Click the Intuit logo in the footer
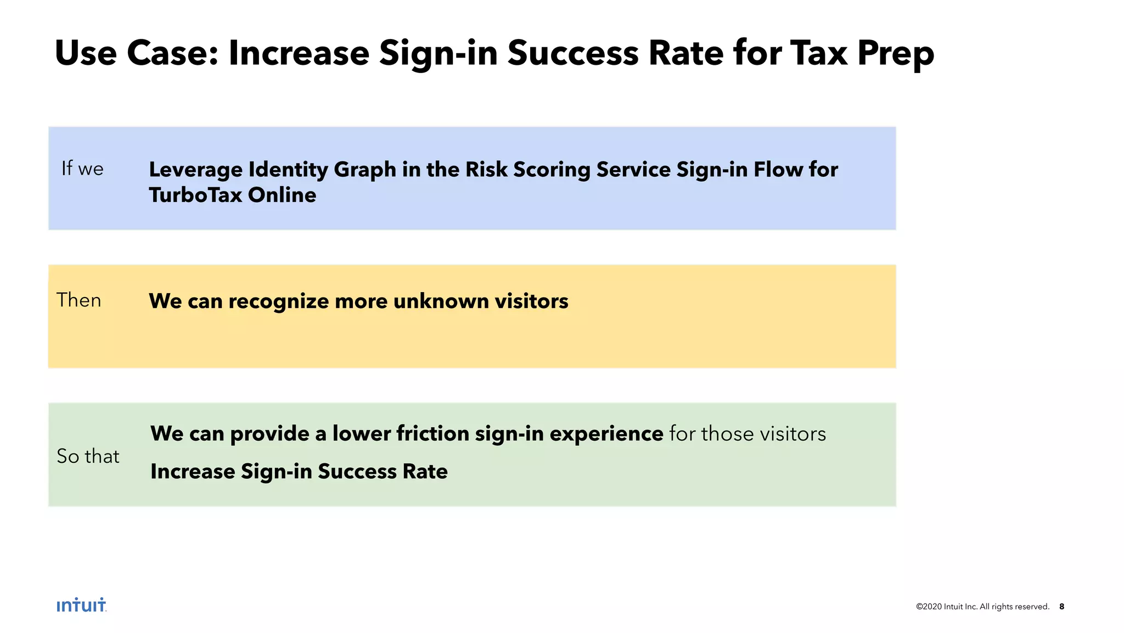(x=81, y=605)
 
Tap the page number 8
(x=1061, y=607)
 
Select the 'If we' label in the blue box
(x=82, y=169)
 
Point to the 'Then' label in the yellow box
(x=79, y=300)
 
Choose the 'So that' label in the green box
(x=88, y=456)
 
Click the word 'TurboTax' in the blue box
(x=195, y=195)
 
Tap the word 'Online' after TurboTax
(x=282, y=195)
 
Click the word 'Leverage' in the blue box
(x=196, y=170)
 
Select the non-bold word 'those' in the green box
(x=728, y=434)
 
